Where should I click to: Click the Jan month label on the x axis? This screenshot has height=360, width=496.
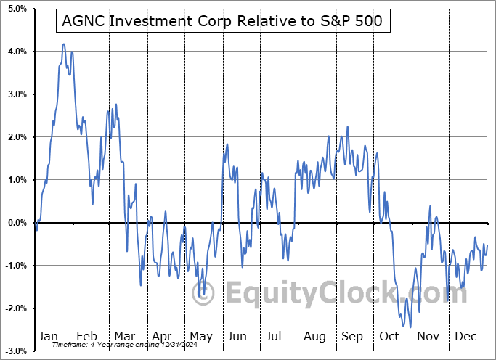[48, 337]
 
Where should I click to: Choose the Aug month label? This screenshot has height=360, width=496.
[315, 337]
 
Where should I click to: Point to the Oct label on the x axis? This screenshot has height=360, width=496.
[389, 337]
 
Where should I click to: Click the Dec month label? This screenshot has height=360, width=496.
[465, 337]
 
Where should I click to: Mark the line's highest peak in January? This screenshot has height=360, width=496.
[64, 44]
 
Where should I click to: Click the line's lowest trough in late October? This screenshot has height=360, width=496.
[411, 327]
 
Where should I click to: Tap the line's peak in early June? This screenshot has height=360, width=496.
[227, 144]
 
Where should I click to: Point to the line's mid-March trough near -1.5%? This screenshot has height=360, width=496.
[141, 285]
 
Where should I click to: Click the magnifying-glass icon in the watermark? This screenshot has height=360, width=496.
[207, 293]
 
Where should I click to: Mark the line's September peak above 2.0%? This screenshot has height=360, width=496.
[348, 127]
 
